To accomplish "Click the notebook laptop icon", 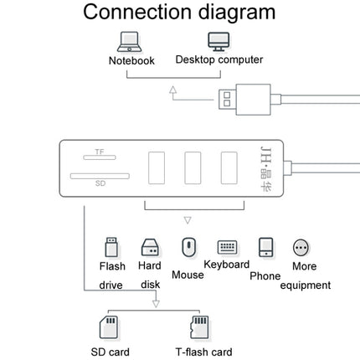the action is tap(129, 42).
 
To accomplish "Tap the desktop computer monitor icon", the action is tap(219, 42).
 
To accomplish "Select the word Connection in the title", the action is tap(137, 12).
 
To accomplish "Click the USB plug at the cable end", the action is tap(244, 100).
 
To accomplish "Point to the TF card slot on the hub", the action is tap(100, 157).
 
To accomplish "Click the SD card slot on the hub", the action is tap(100, 176).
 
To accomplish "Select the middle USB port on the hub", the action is tap(193, 168).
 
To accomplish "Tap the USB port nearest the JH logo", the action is tap(229, 168).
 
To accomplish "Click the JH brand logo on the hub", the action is tap(265, 169).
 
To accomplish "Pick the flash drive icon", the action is tap(111, 247).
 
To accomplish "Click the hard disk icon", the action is tap(150, 248).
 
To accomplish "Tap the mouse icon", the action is tap(188, 247).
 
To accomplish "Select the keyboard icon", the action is tap(227, 247).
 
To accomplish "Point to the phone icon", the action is tap(265, 247).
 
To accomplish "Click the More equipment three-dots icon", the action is tap(301, 248).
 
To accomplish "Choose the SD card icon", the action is tap(109, 327).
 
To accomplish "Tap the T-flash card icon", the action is tap(199, 327).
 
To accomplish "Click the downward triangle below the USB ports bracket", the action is tap(188, 220).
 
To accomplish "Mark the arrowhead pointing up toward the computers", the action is tap(173, 90).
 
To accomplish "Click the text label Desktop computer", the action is tap(219, 59).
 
